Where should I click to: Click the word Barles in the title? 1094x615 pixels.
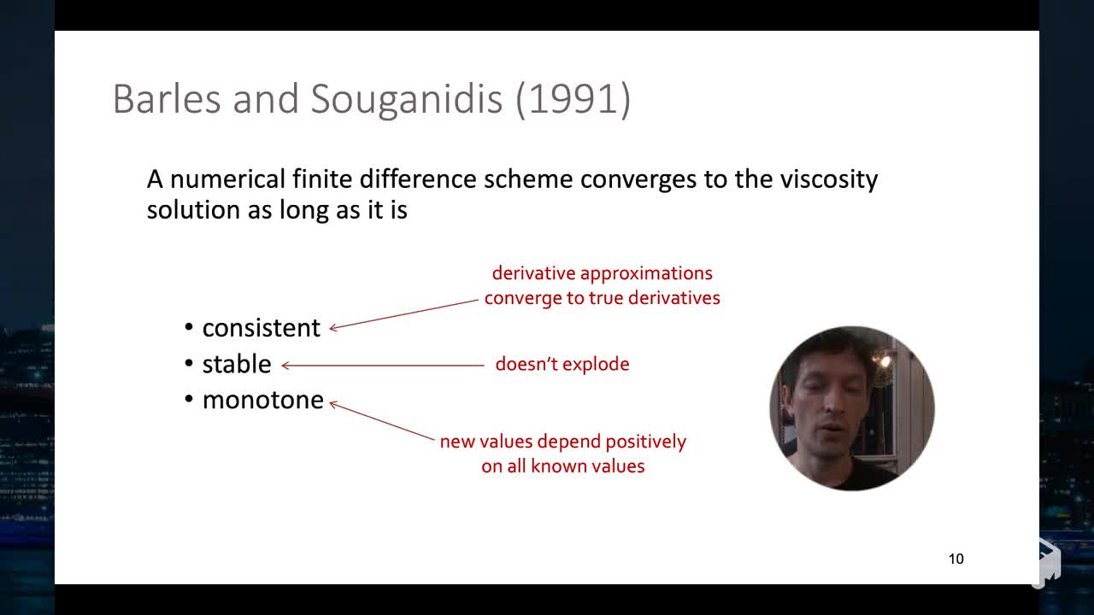tap(167, 98)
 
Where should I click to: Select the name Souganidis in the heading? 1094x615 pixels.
tap(406, 100)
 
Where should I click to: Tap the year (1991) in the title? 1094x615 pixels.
tap(573, 100)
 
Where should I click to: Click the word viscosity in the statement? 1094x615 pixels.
tap(829, 179)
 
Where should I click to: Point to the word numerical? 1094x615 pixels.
tap(227, 179)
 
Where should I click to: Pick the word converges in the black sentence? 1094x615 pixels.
tap(638, 180)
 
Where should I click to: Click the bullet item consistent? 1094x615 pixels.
tap(262, 328)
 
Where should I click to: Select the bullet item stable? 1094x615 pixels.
tap(237, 364)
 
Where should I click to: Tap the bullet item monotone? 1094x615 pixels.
tap(262, 401)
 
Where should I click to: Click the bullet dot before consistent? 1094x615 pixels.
tap(189, 327)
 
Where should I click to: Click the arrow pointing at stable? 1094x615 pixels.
tap(383, 365)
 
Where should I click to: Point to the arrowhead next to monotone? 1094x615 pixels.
tap(333, 404)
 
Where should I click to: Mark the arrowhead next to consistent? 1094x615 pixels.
tap(333, 328)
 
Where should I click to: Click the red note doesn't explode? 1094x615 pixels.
tap(562, 364)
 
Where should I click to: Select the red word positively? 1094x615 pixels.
tap(645, 442)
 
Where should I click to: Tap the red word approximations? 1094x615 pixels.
tap(646, 274)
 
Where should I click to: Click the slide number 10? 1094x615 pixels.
tap(956, 559)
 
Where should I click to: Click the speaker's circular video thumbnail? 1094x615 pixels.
tap(852, 408)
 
